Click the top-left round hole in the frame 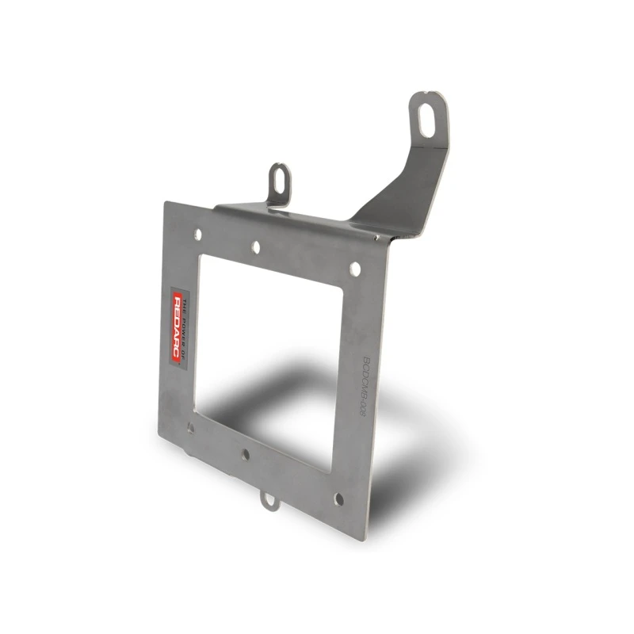coord(198,235)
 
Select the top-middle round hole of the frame coord(256,247)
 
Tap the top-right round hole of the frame coord(355,269)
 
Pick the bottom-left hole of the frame coord(190,428)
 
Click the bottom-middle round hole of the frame coord(246,455)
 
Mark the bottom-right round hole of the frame coord(338,499)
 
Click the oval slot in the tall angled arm coord(426,119)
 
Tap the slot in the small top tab coord(278,179)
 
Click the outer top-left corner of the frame coord(166,203)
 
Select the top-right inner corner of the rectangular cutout coord(343,291)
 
